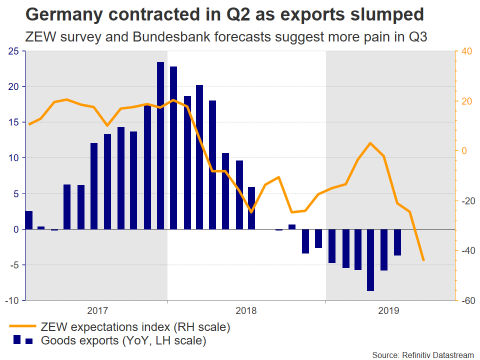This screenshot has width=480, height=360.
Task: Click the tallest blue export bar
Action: click(160, 145)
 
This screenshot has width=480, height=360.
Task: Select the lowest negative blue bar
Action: click(370, 260)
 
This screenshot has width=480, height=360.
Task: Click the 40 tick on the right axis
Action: click(466, 51)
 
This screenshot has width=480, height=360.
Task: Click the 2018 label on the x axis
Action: click(245, 310)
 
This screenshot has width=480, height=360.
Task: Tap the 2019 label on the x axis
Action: click(388, 310)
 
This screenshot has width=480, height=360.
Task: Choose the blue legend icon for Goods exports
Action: click(22, 340)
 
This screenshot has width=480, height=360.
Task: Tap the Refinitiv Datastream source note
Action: click(423, 354)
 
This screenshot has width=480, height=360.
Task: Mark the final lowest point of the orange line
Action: click(423, 260)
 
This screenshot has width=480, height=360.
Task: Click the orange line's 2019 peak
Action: click(370, 143)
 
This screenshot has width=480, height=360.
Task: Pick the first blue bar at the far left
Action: click(28, 220)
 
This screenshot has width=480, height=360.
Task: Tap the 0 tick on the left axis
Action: click(16, 229)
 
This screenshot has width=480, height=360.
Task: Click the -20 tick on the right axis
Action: click(466, 201)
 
